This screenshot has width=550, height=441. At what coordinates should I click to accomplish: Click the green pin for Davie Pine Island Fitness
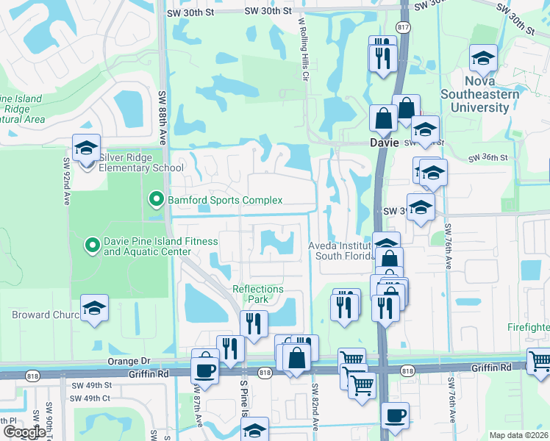92,245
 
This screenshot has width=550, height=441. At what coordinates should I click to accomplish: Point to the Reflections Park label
258,294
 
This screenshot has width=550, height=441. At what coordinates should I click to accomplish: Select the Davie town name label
383,143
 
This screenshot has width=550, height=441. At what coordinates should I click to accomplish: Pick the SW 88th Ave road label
163,110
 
